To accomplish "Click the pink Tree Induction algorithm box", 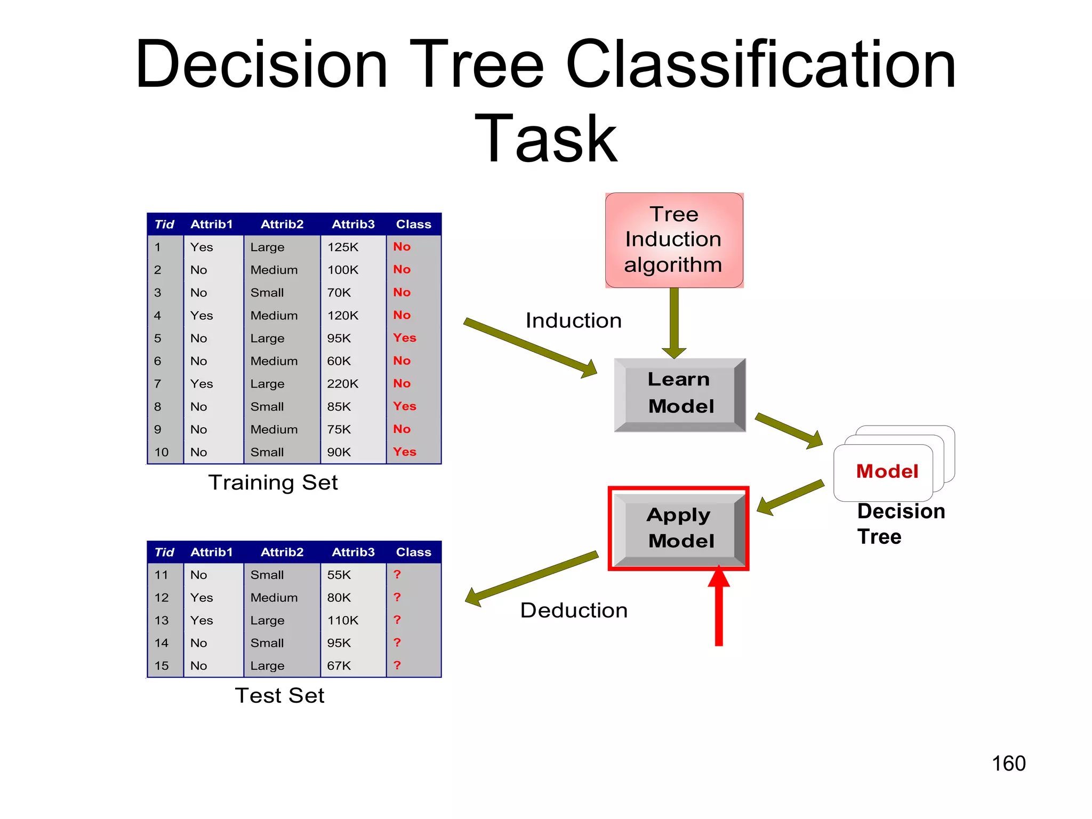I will [674, 240].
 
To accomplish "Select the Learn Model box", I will [679, 394].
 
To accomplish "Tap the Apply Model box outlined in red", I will [679, 528].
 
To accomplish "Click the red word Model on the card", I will [887, 471].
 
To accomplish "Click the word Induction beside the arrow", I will [573, 320].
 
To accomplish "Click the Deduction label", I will [574, 610].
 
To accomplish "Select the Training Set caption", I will [273, 483].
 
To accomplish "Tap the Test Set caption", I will [279, 695].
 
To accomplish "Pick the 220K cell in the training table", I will [343, 384].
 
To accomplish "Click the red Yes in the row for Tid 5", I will [405, 338].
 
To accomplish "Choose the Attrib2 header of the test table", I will [282, 552].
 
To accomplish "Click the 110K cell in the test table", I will [343, 620].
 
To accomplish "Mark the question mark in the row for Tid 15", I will [397, 665].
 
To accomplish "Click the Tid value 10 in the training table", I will [162, 452].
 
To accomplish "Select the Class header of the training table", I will [413, 224].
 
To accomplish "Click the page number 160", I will [1008, 764].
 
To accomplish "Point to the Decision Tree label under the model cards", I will [900, 524].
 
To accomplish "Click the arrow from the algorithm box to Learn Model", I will [674, 323].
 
